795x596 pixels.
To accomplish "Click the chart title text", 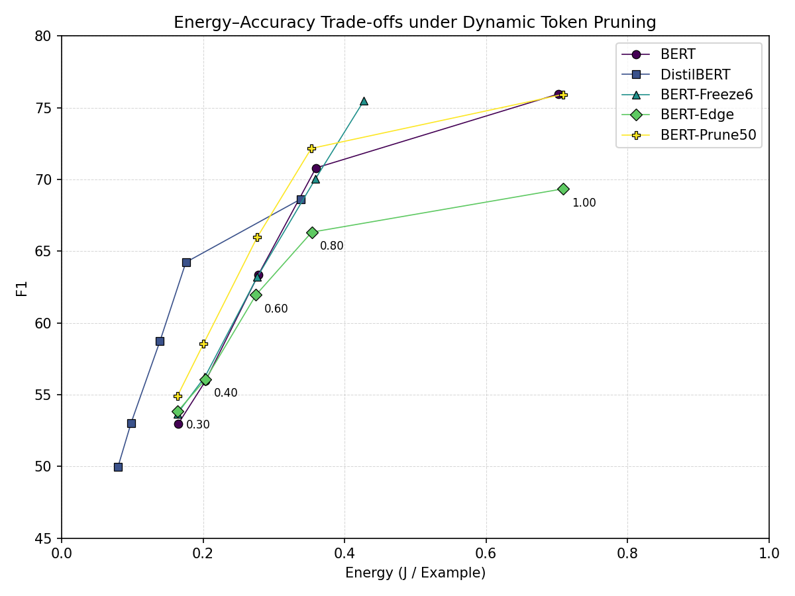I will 415,23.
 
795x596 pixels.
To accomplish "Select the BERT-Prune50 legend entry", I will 708,135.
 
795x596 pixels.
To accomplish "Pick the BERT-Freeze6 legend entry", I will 706,95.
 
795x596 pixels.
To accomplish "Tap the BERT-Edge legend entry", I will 697,115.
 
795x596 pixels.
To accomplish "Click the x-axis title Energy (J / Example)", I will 415,573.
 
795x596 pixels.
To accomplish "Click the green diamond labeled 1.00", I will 563,189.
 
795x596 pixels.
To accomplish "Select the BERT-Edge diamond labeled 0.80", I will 312,232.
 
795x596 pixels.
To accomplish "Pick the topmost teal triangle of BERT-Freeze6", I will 364,101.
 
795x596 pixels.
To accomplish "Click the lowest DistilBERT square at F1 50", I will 118,467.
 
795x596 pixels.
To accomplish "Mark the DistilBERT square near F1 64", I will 186,262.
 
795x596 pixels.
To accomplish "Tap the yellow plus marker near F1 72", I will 311,148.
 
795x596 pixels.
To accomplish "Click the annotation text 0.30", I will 197,425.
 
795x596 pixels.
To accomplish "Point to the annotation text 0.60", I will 276,309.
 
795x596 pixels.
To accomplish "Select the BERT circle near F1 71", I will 316,168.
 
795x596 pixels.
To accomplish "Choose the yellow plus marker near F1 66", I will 257,237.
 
